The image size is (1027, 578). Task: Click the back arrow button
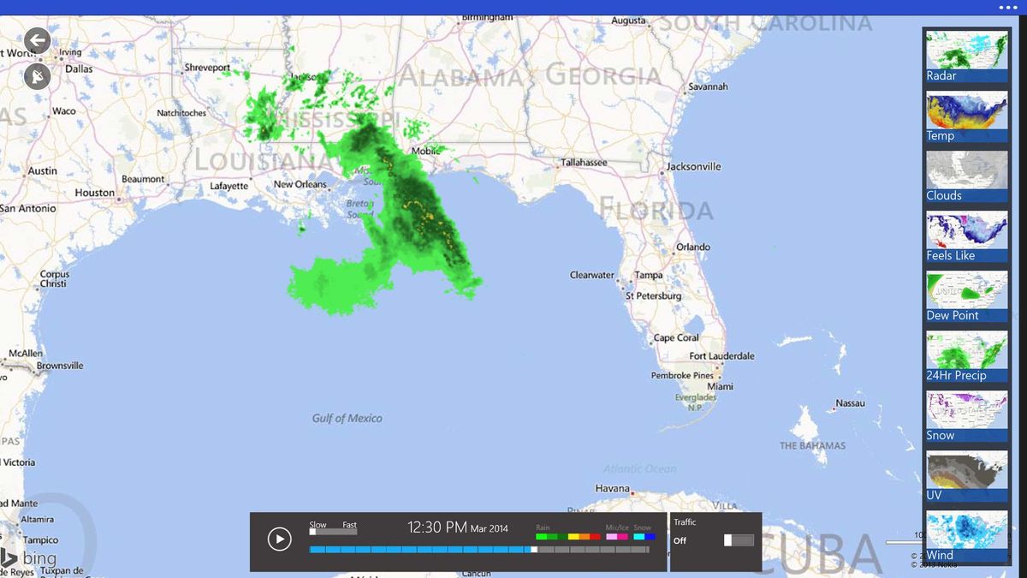point(38,40)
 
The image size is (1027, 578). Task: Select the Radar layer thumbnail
point(966,57)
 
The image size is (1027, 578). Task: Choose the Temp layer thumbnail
point(966,116)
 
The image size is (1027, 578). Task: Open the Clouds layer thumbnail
point(966,176)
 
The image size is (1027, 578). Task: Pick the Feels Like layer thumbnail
point(966,236)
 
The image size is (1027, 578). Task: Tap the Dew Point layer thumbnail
point(966,296)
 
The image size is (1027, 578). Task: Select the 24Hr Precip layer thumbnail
point(966,356)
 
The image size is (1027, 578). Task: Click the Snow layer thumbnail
point(966,416)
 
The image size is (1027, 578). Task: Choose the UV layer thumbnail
point(966,476)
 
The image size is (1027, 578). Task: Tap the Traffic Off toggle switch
point(739,540)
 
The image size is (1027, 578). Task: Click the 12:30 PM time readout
point(436,527)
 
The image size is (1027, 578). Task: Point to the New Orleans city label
point(300,184)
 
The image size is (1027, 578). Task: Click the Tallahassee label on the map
point(584,163)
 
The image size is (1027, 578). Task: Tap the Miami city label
point(720,386)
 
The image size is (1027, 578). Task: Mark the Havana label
point(612,488)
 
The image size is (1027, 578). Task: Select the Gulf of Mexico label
point(347,418)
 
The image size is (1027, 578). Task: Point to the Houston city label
point(94,193)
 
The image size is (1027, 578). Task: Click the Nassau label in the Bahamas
point(850,403)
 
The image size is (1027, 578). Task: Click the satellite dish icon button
point(38,77)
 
